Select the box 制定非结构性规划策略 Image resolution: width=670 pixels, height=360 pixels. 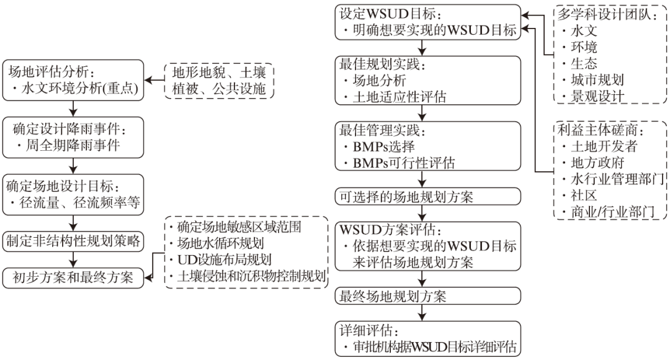point(74,240)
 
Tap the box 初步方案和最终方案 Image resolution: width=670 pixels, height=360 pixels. point(74,277)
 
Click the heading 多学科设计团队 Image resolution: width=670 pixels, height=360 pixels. point(607,14)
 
